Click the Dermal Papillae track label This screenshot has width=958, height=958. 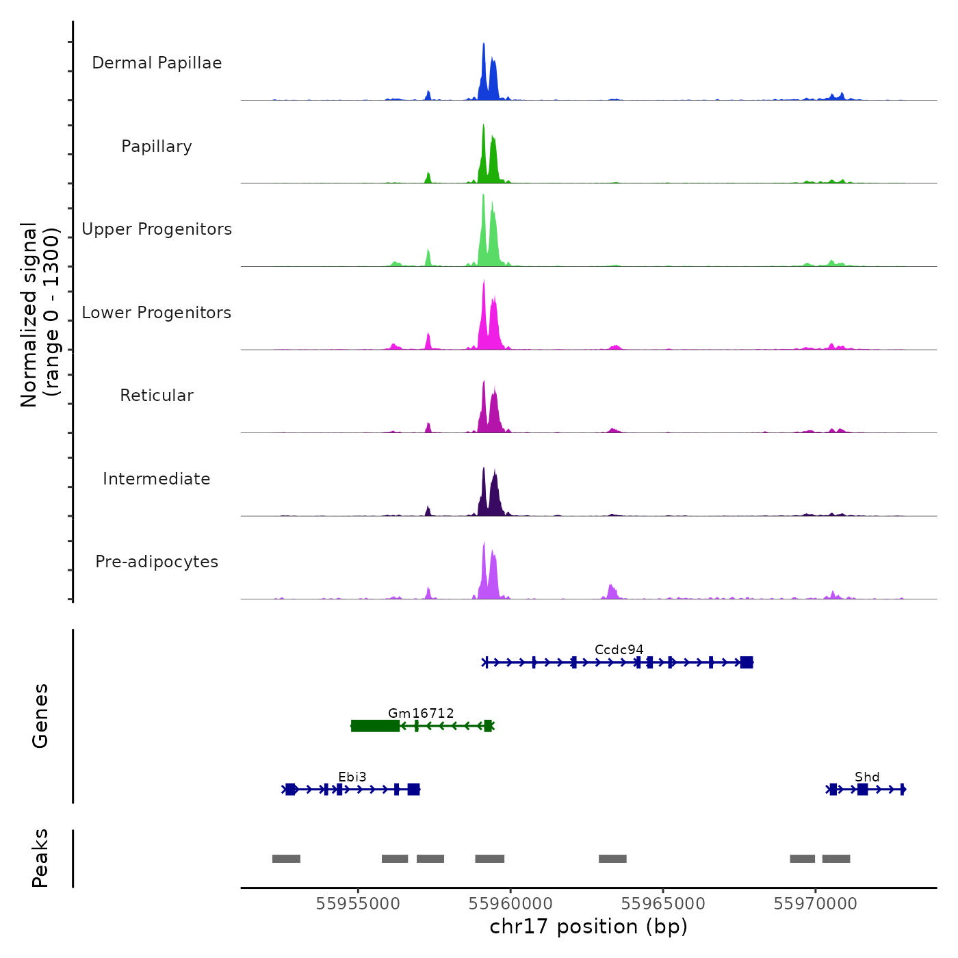157,63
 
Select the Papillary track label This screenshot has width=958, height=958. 157,146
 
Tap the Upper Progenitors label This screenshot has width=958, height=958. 157,229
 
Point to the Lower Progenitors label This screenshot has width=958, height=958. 157,313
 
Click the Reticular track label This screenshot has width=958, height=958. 157,396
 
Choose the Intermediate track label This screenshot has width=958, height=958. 157,479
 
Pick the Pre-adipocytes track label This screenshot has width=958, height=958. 157,562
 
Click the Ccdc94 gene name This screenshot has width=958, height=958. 619,649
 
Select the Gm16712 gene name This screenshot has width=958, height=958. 421,713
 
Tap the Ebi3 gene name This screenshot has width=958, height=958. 352,777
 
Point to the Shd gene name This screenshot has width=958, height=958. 867,777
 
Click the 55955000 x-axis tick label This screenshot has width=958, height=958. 358,904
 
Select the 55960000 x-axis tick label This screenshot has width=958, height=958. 510,904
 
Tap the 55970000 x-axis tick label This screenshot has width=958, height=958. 816,904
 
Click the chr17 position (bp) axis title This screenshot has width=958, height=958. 588,927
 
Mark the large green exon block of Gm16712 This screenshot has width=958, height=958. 375,726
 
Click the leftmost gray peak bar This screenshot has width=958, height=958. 286,859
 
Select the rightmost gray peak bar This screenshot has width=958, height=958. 836,859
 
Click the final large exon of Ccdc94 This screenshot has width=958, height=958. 747,662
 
